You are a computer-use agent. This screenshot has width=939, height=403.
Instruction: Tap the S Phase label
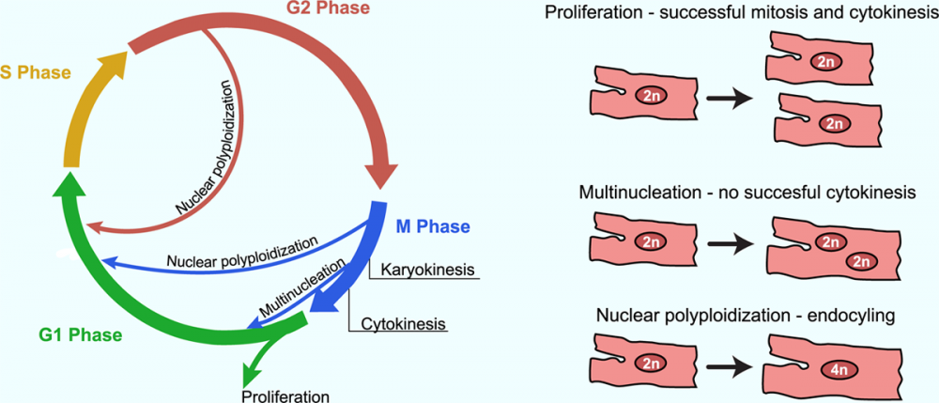[x=37, y=72]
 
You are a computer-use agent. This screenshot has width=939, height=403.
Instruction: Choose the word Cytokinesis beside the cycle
[x=403, y=324]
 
